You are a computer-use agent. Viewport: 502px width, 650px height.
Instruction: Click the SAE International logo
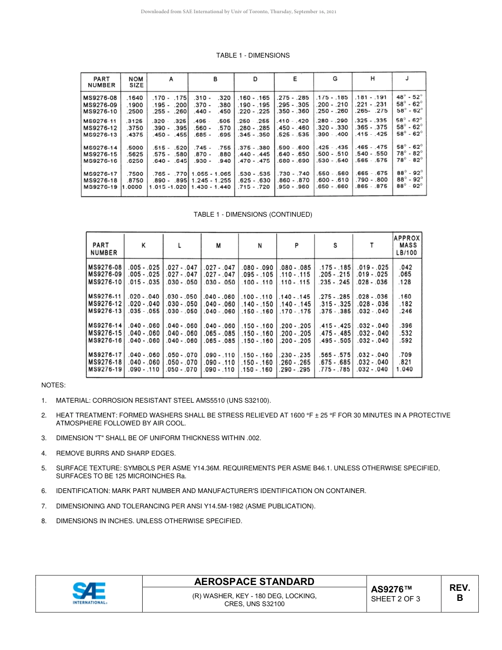[89, 593]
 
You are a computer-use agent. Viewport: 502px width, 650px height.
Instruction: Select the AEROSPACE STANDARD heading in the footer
[254, 582]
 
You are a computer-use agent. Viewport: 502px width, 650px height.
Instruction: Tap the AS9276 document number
[391, 589]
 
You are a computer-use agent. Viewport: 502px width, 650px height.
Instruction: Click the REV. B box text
[460, 593]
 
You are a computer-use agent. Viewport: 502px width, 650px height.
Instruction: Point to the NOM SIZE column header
[136, 82]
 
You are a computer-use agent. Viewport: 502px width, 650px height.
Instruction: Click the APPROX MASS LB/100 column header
[406, 245]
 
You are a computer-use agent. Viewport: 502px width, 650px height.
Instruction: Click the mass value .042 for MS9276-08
[406, 267]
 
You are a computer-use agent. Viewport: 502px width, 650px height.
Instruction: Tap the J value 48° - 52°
[409, 97]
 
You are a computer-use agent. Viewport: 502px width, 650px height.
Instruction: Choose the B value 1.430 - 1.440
[211, 187]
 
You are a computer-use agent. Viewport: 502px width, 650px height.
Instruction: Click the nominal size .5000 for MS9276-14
[135, 147]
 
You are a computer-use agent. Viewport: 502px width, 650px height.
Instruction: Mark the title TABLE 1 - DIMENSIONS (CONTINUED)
[253, 215]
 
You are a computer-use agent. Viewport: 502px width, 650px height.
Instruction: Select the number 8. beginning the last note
[44, 521]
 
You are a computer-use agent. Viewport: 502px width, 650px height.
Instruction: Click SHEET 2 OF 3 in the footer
[395, 599]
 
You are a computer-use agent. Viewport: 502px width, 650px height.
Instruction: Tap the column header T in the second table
[371, 245]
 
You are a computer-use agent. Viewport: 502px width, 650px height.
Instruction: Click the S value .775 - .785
[335, 370]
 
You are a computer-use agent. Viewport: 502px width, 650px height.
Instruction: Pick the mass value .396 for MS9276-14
[406, 326]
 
